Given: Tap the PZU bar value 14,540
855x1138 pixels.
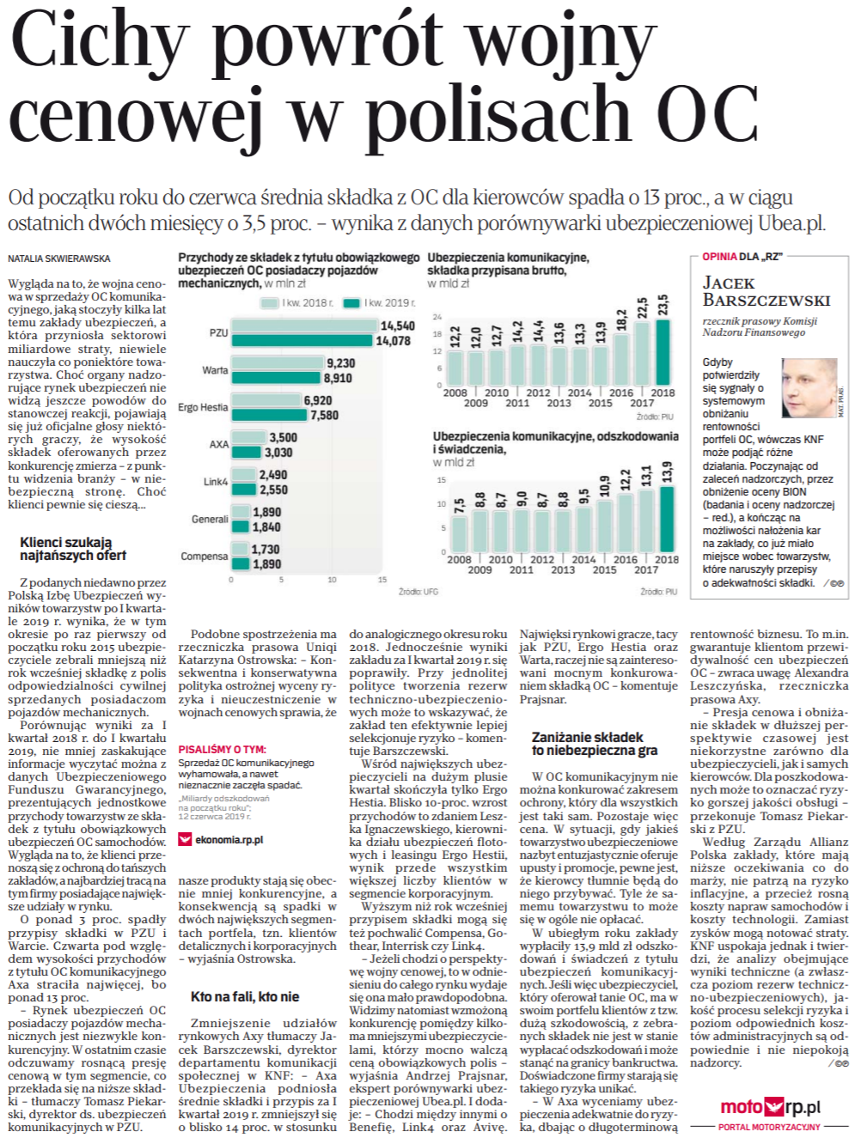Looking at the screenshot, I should click(397, 326).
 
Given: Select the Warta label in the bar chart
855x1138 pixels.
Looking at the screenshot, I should click(215, 370).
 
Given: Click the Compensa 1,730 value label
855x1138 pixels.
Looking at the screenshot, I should click(266, 549).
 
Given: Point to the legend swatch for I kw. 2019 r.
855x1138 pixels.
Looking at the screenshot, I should click(351, 303).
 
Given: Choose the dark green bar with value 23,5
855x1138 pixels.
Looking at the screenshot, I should click(663, 352).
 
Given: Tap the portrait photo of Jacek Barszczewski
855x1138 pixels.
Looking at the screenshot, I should click(809, 388).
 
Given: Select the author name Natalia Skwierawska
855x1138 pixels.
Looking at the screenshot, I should click(59, 259).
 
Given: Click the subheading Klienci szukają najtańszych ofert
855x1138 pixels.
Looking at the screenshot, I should click(72, 549).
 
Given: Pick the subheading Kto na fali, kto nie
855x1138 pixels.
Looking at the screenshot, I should click(245, 996).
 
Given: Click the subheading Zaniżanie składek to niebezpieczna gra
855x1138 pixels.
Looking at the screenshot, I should click(593, 744).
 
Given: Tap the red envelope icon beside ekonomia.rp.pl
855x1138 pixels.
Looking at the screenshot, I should click(185, 840).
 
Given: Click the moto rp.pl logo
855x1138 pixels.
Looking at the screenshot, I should click(770, 1107).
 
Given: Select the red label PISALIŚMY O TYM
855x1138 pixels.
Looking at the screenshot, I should click(222, 749).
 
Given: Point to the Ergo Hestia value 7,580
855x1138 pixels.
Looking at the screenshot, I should click(324, 415).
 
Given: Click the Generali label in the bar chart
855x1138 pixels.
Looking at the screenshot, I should click(210, 519).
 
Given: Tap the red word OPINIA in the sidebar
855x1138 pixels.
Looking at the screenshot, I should click(719, 257).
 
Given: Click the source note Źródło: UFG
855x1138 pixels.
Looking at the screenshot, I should click(418, 592).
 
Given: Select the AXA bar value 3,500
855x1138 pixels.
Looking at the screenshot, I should click(284, 437).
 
